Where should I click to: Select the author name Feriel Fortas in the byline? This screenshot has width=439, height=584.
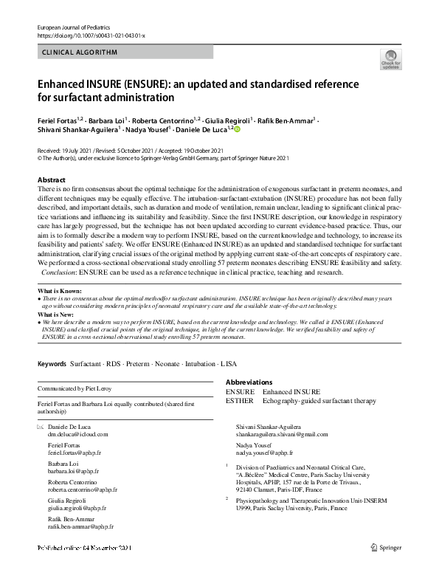click(59, 118)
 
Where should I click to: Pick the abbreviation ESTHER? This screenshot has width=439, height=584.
click(240, 401)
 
